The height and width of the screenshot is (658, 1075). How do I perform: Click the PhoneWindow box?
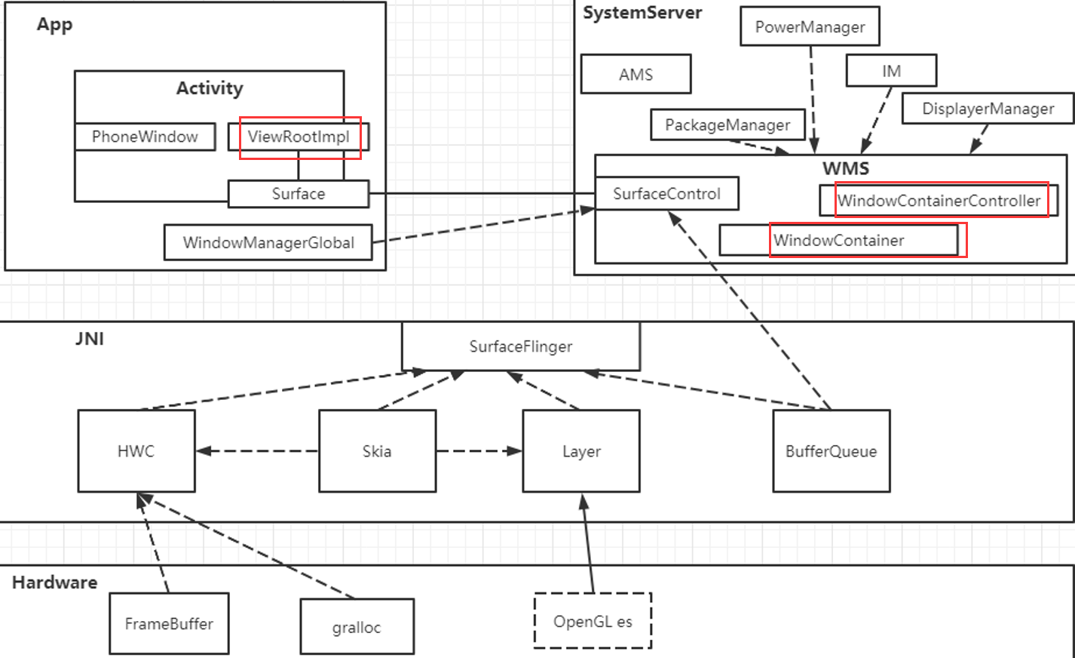click(145, 137)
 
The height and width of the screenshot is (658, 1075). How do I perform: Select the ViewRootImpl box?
click(299, 137)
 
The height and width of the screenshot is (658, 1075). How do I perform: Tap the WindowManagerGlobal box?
click(268, 242)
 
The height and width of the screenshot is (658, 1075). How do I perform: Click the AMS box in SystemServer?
click(636, 74)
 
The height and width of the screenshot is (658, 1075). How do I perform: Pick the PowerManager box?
click(810, 26)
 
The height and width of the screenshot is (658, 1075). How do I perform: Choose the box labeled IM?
click(891, 71)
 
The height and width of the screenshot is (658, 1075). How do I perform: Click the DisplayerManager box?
click(988, 109)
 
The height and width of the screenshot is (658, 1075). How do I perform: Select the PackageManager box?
click(727, 125)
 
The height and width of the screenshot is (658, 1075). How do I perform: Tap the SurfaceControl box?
click(666, 194)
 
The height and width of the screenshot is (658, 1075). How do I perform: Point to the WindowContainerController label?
click(939, 201)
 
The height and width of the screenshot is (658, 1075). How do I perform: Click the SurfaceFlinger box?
click(521, 346)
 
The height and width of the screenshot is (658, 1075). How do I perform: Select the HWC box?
click(136, 451)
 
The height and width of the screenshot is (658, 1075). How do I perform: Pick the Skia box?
click(377, 451)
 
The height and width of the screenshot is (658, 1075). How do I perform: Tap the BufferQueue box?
click(832, 451)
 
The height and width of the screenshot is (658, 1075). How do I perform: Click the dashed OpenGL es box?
click(593, 621)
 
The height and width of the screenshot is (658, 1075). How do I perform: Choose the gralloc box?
click(357, 626)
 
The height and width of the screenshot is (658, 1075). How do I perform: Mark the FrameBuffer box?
click(169, 623)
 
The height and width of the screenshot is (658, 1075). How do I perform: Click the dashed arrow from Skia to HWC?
click(257, 451)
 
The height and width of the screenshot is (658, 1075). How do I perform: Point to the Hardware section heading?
click(55, 583)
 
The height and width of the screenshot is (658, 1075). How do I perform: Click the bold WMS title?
click(846, 168)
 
